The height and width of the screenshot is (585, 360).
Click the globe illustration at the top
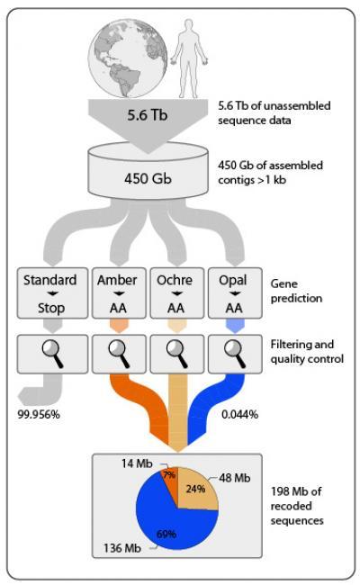pyautogui.click(x=128, y=58)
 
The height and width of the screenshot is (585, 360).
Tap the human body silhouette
pyautogui.click(x=189, y=58)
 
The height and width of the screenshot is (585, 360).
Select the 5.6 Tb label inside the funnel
pyautogui.click(x=148, y=114)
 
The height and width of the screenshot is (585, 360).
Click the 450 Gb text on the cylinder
pyautogui.click(x=148, y=178)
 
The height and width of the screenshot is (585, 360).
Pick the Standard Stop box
pyautogui.click(x=52, y=292)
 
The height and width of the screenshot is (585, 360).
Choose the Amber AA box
pyautogui.click(x=119, y=292)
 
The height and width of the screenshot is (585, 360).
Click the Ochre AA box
pyautogui.click(x=176, y=292)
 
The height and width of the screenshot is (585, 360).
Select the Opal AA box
pyautogui.click(x=235, y=292)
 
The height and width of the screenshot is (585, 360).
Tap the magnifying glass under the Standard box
pyautogui.click(x=52, y=354)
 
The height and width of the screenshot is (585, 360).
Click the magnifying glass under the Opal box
pyautogui.click(x=235, y=354)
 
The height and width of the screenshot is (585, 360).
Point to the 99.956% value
pyautogui.click(x=39, y=414)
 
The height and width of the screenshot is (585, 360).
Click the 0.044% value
pyautogui.click(x=240, y=414)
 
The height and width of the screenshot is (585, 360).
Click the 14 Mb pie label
pyautogui.click(x=137, y=463)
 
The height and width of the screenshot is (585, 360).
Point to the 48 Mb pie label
pyautogui.click(x=235, y=478)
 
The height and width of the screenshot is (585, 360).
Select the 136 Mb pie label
pyautogui.click(x=122, y=548)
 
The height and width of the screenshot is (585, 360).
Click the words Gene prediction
pyautogui.click(x=296, y=291)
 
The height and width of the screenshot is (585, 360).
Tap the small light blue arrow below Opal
pyautogui.click(x=235, y=326)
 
